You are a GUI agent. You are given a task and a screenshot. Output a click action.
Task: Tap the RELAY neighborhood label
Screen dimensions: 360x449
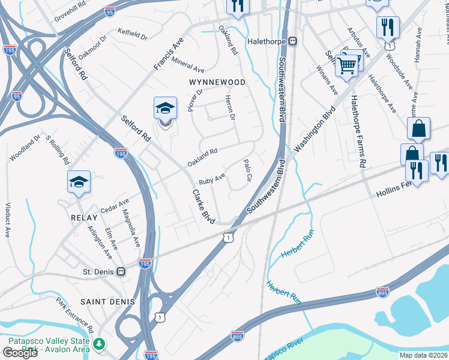83,217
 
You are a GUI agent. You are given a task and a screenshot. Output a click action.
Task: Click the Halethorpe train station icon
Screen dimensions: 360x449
292,41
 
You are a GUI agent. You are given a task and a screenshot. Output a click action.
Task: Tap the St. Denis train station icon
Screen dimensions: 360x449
122,271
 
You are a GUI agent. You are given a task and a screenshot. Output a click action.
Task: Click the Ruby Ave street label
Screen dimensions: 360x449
211,179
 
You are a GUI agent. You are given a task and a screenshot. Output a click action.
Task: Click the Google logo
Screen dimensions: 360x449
20,353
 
